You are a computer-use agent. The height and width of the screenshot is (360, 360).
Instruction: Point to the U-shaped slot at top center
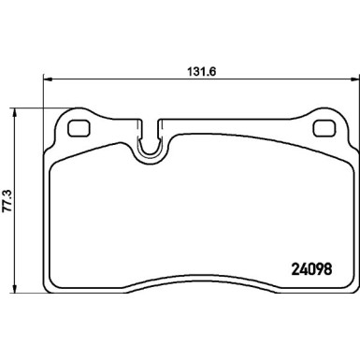[149, 140]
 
